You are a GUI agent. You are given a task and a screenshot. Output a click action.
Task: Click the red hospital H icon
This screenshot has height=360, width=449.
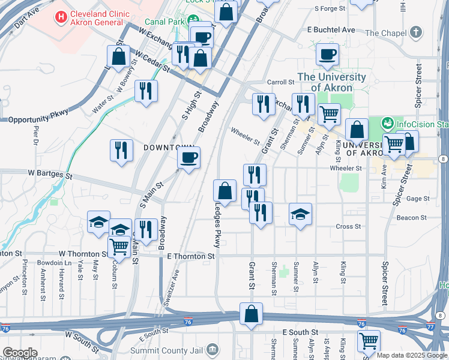click(61, 18)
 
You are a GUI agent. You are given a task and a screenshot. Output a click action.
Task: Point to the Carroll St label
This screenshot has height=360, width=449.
click(279, 82)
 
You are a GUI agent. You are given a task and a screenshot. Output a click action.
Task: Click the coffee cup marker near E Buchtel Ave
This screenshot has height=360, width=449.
click(328, 55)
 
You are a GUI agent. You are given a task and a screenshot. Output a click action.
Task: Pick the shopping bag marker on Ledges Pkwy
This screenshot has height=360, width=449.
click(224, 191)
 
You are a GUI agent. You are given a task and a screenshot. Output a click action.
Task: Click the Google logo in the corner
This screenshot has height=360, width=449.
click(19, 353)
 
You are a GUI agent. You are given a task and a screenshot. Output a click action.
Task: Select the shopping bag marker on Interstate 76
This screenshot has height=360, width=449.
click(251, 314)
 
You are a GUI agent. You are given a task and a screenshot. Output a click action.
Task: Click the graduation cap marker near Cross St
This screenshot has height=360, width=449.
click(300, 214)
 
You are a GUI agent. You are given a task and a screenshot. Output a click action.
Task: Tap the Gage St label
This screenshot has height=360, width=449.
click(418, 199)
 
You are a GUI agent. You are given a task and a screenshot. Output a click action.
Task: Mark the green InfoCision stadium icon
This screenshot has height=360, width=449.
click(387, 124)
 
